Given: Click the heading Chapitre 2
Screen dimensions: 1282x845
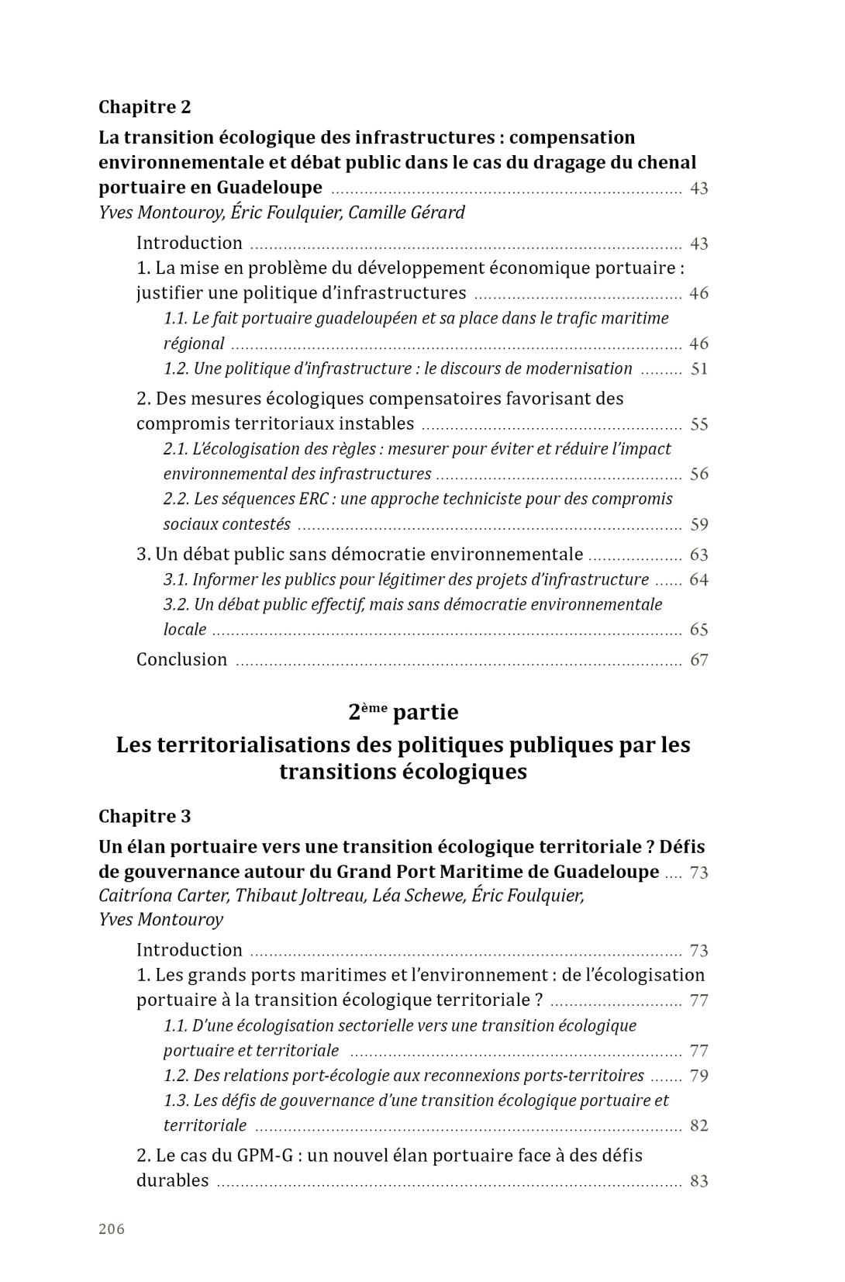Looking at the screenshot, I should [144, 107].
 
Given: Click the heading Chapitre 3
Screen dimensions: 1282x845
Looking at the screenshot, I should [144, 817].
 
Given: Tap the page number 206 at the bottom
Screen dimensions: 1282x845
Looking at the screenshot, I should [112, 1228].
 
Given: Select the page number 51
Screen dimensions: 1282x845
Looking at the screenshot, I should [699, 368].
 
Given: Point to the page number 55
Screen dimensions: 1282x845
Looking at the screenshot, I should [699, 424].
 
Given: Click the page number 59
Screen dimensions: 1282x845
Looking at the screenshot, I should [699, 524].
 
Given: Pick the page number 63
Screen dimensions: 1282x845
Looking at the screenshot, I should [699, 555].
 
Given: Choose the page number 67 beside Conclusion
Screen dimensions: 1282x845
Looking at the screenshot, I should [699, 660].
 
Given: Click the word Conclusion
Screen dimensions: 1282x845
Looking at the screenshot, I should [182, 660].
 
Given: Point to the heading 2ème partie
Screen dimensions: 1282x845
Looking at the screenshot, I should [403, 712].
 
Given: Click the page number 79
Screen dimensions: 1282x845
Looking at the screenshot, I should [699, 1076].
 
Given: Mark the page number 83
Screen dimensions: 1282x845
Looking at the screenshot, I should [699, 1181].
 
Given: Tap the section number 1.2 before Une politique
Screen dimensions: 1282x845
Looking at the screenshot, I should [176, 368].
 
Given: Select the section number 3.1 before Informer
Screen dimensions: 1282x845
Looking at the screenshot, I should [176, 579].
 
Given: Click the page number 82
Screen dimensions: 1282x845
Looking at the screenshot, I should [699, 1126].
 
